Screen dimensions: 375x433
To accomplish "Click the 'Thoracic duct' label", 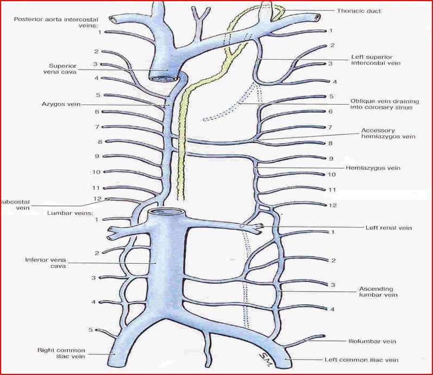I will pos(359,10).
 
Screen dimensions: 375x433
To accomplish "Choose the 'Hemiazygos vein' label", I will pos(373,168).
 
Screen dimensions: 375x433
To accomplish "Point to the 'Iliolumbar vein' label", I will pos(372,341).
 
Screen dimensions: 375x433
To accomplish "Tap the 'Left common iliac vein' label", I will pos(361,360).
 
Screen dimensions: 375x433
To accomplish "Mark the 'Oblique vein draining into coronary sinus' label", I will pos(381,104).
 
